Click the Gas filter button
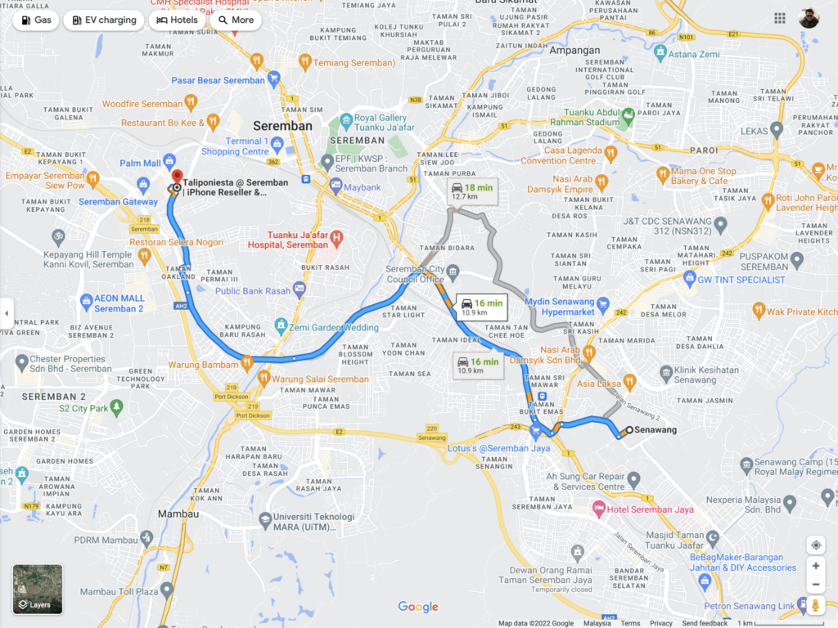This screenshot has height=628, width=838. pos(35,20)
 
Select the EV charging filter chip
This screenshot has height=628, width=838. pos(104,20)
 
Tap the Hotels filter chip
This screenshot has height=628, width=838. pos(177,20)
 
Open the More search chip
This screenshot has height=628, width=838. pos(236,20)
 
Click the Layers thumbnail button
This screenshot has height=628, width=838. pos(38,589)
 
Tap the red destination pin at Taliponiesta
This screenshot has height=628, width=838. pos(177,177)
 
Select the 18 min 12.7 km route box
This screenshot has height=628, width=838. pos(472,191)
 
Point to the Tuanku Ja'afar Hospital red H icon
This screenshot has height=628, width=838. pos(336,239)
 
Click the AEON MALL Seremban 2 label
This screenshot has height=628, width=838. pos(119,303)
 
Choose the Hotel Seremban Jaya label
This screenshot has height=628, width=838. pos(653,509)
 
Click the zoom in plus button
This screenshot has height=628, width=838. pos(815,566)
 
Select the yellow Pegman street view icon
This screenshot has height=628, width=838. pos(815,606)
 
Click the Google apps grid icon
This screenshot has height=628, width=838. pos(780,19)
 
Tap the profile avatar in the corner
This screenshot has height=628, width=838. pos(809,19)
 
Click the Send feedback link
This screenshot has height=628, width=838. pos(705,623)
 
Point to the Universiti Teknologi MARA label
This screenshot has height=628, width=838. pos(313,521)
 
